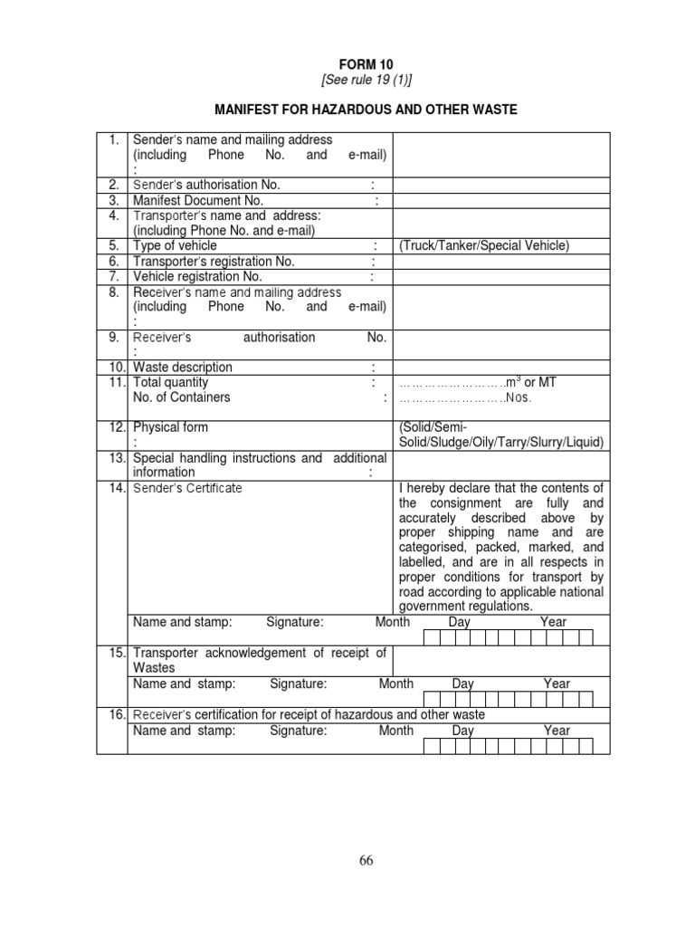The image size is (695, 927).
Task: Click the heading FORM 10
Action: pos(367,65)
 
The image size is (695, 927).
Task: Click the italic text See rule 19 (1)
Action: pos(367,81)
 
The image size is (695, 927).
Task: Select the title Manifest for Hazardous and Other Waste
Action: pos(367,110)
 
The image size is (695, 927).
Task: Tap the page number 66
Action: pos(366,861)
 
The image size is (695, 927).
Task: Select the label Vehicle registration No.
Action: pos(197,276)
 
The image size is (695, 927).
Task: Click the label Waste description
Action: pos(183,368)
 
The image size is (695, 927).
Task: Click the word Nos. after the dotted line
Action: pos(519,397)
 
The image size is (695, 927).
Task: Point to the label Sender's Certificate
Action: pos(187,489)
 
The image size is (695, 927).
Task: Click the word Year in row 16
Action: pos(557,731)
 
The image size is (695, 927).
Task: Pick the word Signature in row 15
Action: pos(298,684)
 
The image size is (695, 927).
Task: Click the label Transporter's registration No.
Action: pos(214,262)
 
